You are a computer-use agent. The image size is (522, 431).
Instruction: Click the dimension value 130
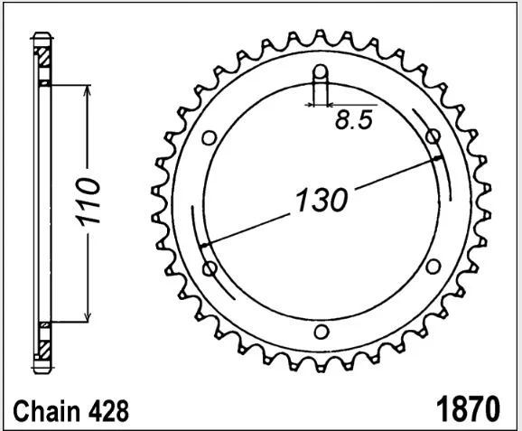(322, 200)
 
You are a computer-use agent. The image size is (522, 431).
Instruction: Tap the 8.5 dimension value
(353, 119)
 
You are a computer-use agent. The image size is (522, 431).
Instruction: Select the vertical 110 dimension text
(88, 201)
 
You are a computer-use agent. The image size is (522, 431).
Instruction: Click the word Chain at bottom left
(46, 411)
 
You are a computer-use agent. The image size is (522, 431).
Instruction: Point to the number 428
(108, 411)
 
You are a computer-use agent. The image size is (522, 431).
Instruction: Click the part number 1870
(468, 409)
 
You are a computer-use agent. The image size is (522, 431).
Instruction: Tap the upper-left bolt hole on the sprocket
(210, 137)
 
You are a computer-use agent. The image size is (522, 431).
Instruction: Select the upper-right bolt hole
(433, 136)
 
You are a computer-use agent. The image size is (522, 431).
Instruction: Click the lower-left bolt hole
(210, 268)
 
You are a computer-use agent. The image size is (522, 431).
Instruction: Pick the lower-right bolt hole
(433, 267)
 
